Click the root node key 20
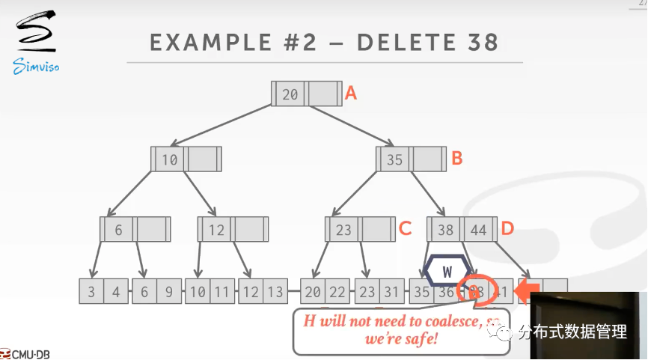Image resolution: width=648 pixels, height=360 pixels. click(290, 94)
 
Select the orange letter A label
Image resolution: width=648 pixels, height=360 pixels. click(350, 94)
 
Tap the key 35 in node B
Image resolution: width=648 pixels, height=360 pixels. click(394, 159)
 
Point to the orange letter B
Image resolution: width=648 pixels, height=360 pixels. click(456, 159)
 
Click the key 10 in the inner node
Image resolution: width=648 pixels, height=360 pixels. click(170, 159)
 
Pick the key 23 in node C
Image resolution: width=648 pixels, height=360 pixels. click(343, 230)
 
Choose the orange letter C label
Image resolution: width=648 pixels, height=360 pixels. click(405, 229)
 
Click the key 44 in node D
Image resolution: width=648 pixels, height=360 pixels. click(478, 230)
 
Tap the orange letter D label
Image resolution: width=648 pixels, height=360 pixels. click(507, 229)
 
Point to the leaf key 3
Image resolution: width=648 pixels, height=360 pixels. click(91, 292)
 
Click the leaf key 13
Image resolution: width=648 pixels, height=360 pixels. click(275, 292)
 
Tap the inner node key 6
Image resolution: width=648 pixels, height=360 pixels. click(118, 230)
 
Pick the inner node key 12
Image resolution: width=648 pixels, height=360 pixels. click(216, 230)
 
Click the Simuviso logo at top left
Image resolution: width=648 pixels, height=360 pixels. click(35, 42)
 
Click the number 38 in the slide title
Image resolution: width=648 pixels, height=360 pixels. click(480, 42)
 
